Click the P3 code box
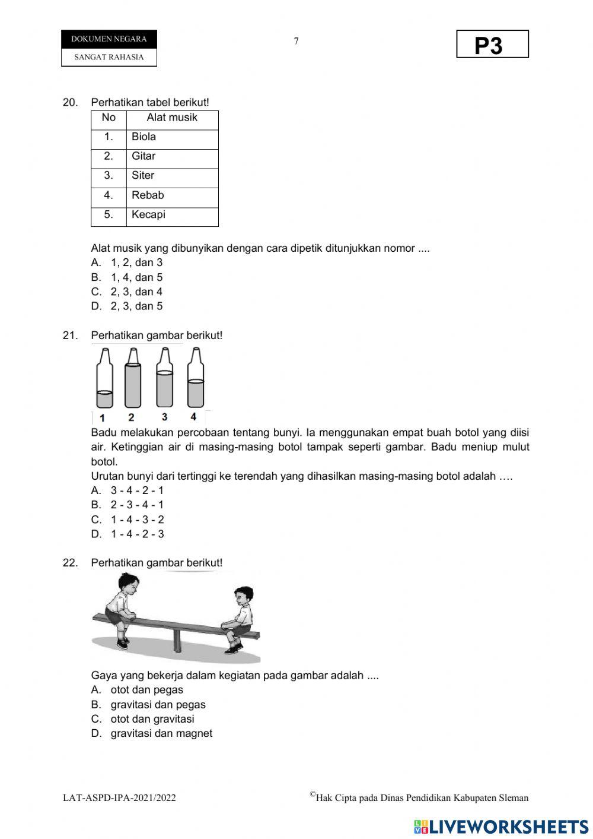492,45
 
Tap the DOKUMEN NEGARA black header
109,39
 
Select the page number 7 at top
296,41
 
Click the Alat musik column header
172,118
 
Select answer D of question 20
136,306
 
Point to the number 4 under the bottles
193,417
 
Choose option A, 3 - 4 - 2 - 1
136,490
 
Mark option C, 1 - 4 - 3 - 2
136,520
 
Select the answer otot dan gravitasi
152,719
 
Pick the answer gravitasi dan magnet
161,733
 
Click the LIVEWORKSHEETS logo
501,827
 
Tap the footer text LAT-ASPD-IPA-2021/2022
119,798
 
